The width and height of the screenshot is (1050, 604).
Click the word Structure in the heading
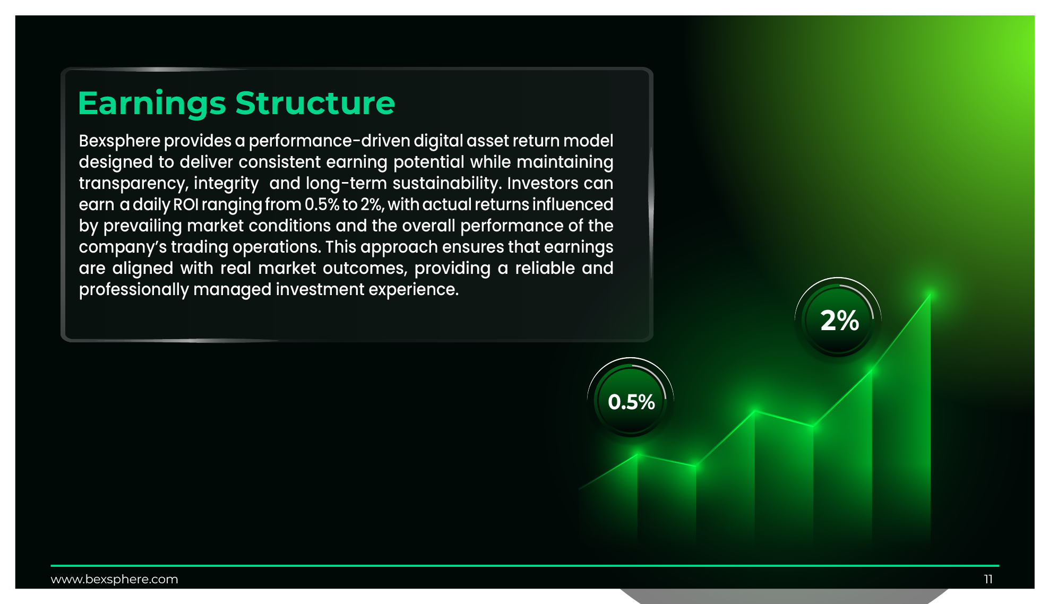click(x=315, y=103)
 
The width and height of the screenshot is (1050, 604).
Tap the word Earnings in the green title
click(x=152, y=104)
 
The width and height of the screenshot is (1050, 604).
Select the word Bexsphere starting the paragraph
click(x=119, y=141)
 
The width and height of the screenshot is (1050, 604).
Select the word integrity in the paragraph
click(x=226, y=184)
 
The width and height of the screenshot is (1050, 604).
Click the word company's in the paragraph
click(x=123, y=247)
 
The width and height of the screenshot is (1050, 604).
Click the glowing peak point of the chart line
click(x=930, y=293)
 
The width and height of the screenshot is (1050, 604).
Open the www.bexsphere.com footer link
click(x=114, y=579)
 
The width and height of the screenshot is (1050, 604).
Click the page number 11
click(x=988, y=579)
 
